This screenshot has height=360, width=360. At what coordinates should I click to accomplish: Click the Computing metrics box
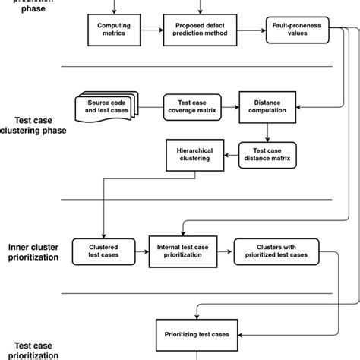coord(115,30)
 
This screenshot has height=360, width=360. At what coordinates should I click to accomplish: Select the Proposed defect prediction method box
coord(201,30)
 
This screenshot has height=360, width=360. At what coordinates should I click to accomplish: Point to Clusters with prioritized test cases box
coord(277,250)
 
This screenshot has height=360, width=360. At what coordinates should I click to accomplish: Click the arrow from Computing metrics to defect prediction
coord(153,30)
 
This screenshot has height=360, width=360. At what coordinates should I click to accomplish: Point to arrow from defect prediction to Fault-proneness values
coord(252,30)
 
